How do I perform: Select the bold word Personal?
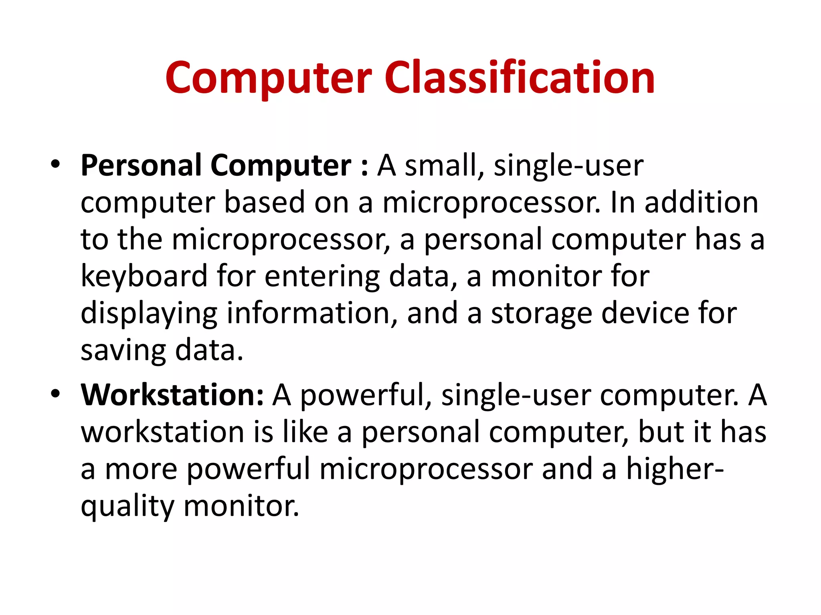pyautogui.click(x=141, y=165)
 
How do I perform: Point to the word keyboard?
pyautogui.click(x=144, y=276)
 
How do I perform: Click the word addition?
pyautogui.click(x=701, y=202)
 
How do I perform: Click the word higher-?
pyautogui.click(x=675, y=469)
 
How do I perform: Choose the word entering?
pyautogui.click(x=322, y=276)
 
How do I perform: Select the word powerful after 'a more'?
pyautogui.click(x=248, y=469)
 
